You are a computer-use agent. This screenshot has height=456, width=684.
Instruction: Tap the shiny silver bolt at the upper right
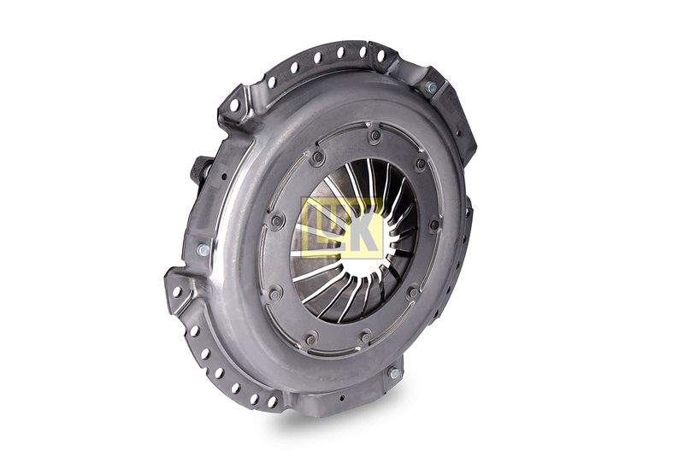coord(431,88)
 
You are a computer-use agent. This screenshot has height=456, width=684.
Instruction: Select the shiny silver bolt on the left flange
coord(203,249)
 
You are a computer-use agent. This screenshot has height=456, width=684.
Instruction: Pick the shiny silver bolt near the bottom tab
coord(394,373)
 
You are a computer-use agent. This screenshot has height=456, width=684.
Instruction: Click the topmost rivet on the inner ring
coord(375,136)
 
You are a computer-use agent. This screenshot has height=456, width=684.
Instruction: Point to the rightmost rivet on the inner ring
coord(435,225)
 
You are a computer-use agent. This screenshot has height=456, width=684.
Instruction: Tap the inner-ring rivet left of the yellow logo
coord(276,221)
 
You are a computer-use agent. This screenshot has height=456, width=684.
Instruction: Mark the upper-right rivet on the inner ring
coord(421,164)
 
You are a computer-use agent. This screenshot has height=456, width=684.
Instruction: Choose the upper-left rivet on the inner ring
coord(317,158)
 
